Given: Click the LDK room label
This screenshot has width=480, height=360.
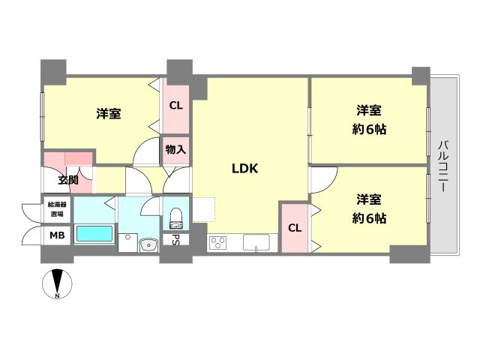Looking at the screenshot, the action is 245,168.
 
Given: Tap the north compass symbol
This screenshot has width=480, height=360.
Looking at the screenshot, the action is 57,283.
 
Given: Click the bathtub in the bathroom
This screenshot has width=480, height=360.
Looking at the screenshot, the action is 94,234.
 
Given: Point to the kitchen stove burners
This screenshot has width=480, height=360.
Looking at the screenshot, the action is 217,243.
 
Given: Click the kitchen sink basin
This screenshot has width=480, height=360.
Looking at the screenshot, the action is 256,243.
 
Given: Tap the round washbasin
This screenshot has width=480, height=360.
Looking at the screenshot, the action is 148,245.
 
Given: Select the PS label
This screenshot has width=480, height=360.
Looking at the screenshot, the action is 175,239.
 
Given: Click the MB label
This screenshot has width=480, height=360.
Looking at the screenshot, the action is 57,235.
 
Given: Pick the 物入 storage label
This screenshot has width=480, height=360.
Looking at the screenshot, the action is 175,150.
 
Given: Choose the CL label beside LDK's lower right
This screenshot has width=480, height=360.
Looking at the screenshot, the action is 295,228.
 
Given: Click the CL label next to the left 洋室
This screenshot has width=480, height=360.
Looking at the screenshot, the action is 176,106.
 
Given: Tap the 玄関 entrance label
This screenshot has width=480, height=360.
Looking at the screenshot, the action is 68,180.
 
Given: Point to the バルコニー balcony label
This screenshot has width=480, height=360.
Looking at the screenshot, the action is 444,166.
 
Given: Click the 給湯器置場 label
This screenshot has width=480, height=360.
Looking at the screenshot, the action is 57,209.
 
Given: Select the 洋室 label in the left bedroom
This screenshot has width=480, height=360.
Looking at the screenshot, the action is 109,113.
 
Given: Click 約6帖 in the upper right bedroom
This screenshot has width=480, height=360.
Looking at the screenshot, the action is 369,130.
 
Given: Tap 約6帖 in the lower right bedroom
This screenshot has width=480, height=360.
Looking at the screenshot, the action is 369,218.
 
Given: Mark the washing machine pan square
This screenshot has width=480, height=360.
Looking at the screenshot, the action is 127,243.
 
